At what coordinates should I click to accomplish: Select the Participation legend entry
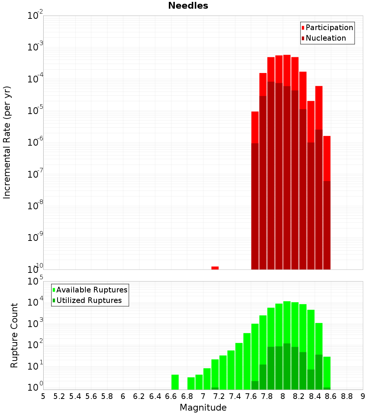click(329, 27)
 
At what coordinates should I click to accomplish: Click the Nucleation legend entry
click(326, 38)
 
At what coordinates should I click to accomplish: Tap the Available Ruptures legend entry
click(92, 290)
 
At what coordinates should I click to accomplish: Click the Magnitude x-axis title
click(203, 408)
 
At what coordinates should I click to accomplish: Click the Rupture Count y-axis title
click(14, 335)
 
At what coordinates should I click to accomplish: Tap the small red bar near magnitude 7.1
click(215, 268)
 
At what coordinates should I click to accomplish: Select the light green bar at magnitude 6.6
click(175, 382)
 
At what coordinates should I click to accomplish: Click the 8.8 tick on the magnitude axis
click(347, 396)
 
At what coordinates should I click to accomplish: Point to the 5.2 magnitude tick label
click(59, 396)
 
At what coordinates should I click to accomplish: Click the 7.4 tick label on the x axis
click(235, 396)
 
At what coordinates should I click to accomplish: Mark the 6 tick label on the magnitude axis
click(123, 396)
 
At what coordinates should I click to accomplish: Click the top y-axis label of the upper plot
click(35, 16)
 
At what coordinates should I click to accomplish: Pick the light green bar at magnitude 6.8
click(191, 383)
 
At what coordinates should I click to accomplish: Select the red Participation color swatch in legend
click(303, 27)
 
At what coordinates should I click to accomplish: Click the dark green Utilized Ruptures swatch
click(54, 300)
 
